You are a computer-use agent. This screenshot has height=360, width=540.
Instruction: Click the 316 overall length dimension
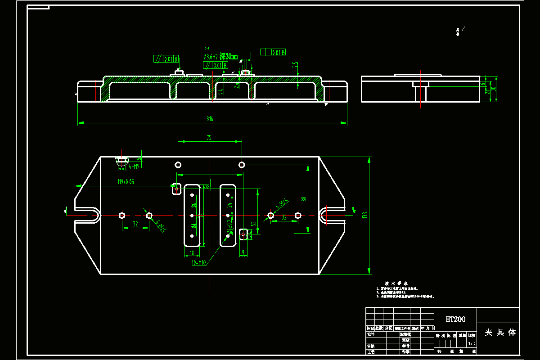coord(210,119)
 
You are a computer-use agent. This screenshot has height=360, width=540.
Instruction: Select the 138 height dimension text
coord(364,216)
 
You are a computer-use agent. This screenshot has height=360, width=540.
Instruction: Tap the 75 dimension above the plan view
coord(209,138)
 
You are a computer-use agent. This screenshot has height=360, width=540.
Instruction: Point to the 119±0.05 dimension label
coord(126,182)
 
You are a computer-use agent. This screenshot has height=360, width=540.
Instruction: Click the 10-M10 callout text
coord(198,263)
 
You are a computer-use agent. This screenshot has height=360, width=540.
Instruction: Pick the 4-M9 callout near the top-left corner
coord(134,166)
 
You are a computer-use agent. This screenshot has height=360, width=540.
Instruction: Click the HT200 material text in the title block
coord(455,319)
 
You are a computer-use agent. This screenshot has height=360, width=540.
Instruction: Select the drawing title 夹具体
coord(500,333)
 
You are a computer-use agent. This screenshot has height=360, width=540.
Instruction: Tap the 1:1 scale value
coord(472,343)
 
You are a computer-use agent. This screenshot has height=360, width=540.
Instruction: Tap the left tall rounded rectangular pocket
coord(192,215)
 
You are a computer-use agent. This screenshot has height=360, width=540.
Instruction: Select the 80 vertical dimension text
coord(304,199)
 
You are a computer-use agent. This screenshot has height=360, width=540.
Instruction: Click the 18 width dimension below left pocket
coord(192,252)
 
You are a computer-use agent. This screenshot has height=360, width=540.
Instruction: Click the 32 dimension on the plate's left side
coord(135,224)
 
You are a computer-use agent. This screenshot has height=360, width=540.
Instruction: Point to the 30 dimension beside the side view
coord(493,89)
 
